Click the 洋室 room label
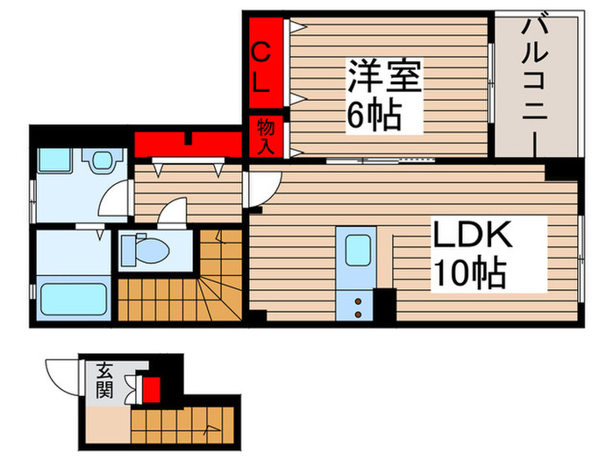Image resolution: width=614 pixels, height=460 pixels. pos(386,77)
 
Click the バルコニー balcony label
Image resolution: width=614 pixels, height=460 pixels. pos(535,83)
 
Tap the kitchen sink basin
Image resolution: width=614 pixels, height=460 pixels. pos(359,251)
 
